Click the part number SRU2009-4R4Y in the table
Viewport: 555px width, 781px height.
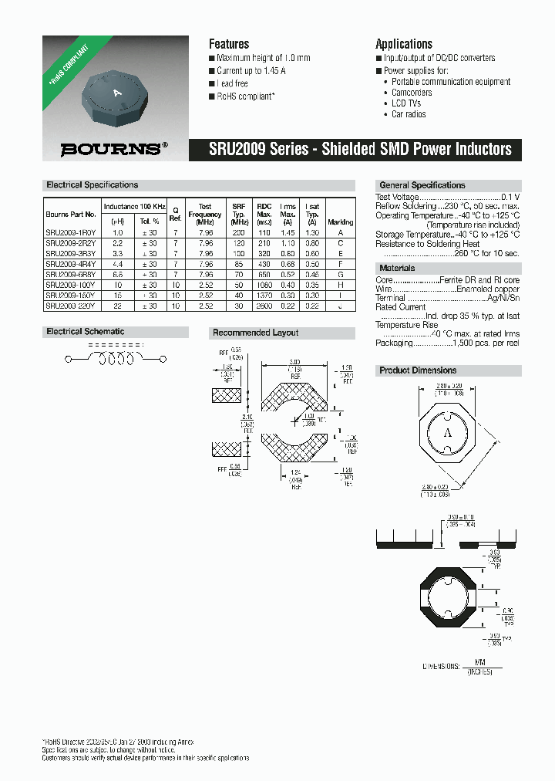click(x=70, y=264)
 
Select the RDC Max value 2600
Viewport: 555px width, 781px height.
click(x=264, y=306)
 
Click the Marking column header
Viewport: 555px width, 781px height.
click(x=340, y=221)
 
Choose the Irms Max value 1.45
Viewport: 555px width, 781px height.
click(x=288, y=232)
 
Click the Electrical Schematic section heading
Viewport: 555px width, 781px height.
click(x=86, y=332)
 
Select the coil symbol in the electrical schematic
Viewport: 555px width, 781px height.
click(x=116, y=360)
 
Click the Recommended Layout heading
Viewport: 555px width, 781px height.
click(x=255, y=333)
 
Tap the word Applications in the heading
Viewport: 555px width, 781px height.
click(x=404, y=44)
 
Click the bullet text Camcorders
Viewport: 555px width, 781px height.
click(x=412, y=93)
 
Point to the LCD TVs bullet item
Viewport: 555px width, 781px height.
click(x=408, y=103)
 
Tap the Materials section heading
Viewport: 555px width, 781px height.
click(x=397, y=269)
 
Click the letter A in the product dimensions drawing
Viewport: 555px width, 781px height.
click(x=446, y=434)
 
